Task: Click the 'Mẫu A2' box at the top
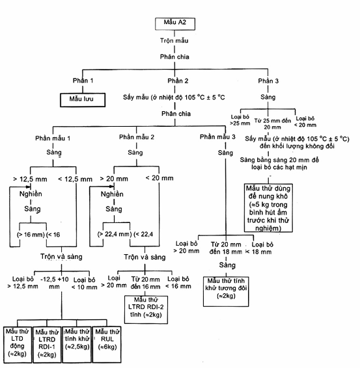pos(175,23)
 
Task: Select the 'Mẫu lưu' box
pos(83,100)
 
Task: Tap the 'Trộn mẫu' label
pos(174,40)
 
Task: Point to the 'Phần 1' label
pos(83,81)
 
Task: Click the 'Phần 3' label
pos(268,81)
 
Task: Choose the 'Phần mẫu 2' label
pos(137,137)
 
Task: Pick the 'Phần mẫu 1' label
pos(53,138)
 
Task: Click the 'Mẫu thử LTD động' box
pos(18,345)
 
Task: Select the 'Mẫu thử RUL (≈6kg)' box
pos(107,345)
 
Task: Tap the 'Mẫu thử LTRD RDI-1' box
pos(47,345)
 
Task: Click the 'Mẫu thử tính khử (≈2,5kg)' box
pos(77,345)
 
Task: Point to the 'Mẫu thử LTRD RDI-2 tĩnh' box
pos(146,309)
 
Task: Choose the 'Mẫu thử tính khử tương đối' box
pos(226,291)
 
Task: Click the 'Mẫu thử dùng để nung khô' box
pos(268,208)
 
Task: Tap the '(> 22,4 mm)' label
pos(115,234)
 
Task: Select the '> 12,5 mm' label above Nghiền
pos(30,179)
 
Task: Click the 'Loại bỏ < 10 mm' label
pos(84,283)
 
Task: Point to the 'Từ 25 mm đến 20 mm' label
pos(273,124)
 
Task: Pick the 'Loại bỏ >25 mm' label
pos(240,120)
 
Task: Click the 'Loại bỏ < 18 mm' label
pos(259,248)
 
